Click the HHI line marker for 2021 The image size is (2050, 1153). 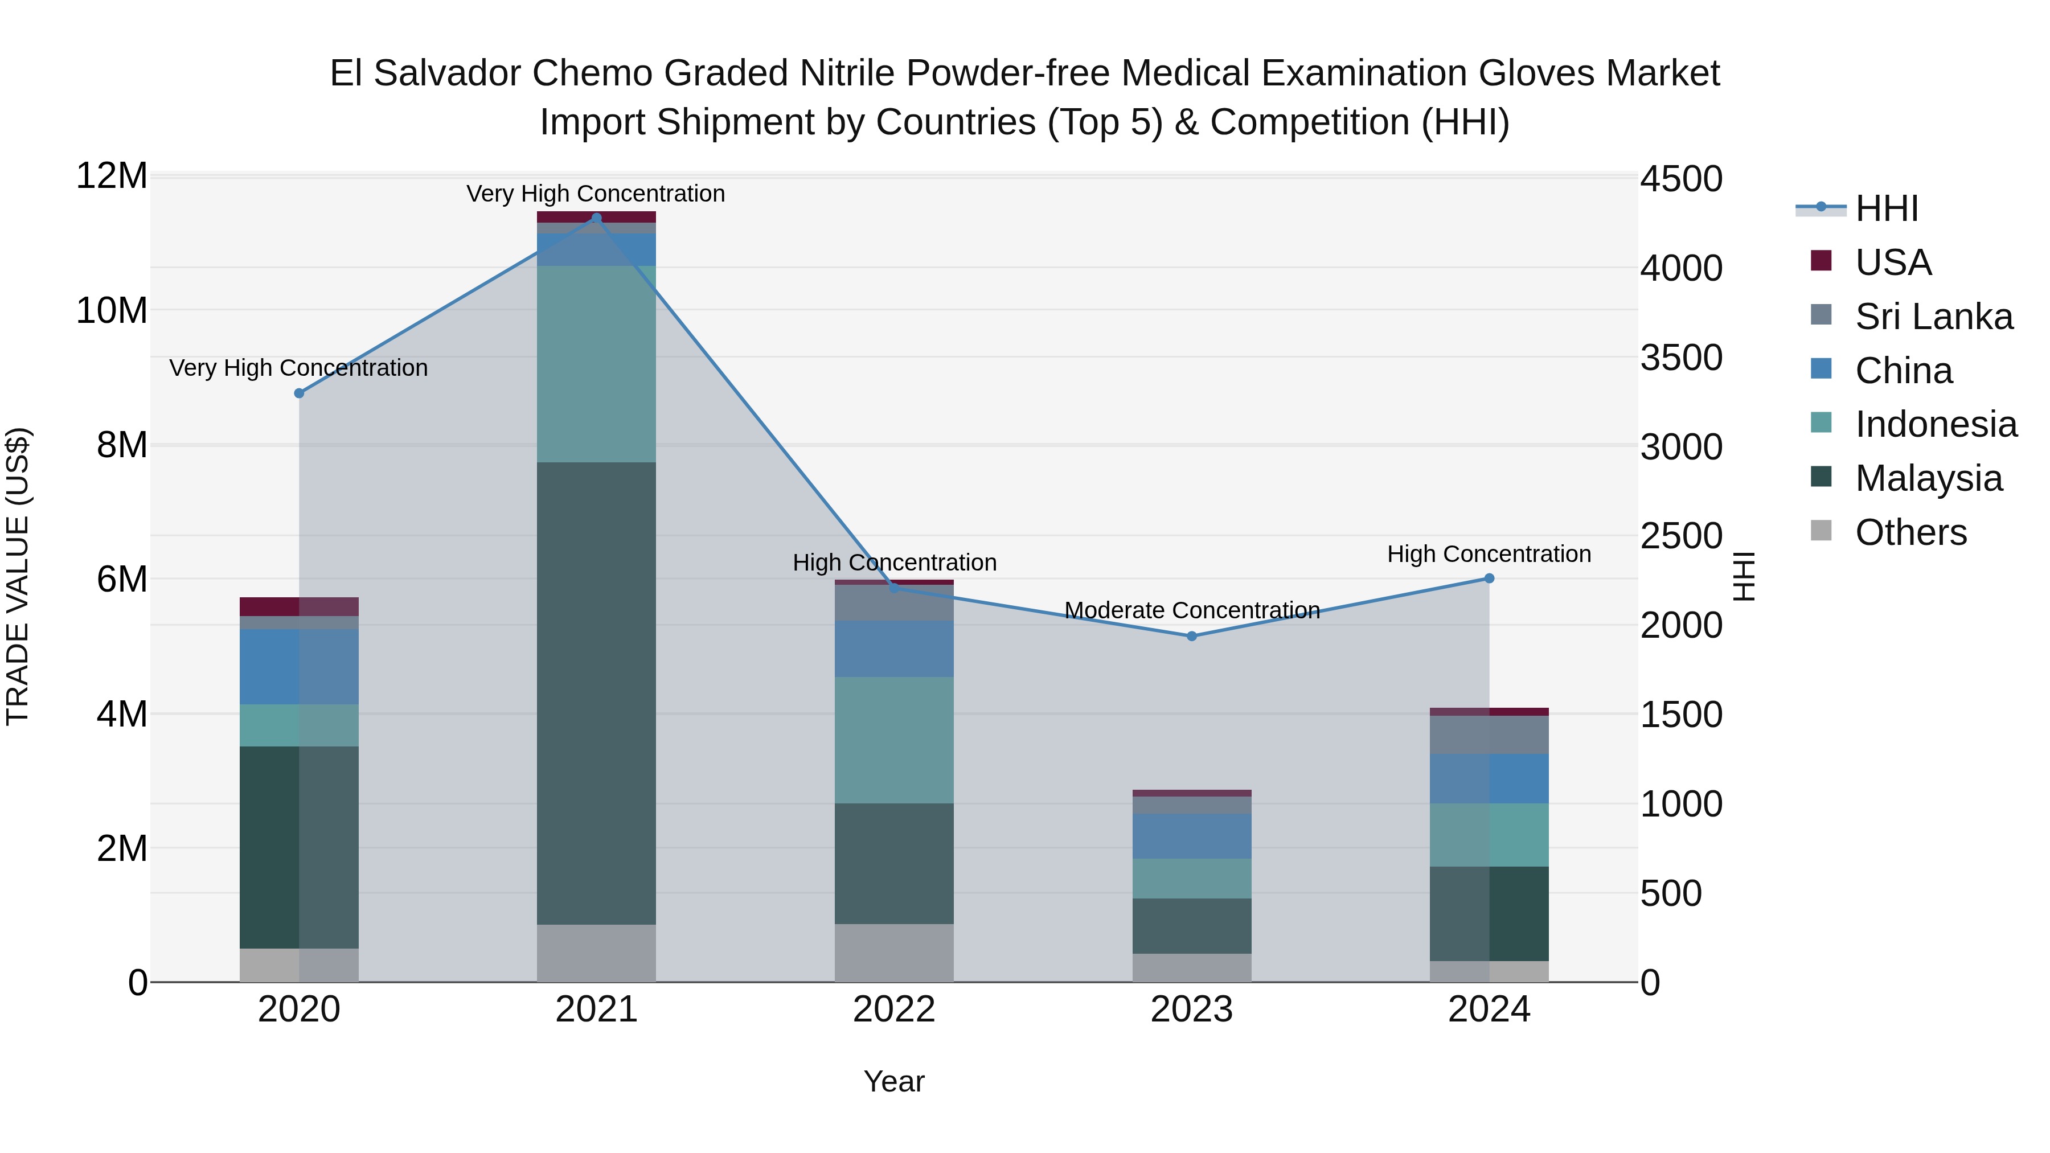click(597, 218)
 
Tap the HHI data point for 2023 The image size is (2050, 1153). click(1191, 636)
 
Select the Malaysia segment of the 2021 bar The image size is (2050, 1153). click(597, 692)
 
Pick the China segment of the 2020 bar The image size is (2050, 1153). click(298, 666)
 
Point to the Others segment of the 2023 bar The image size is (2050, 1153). click(1191, 967)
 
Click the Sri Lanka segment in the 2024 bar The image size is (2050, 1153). click(1489, 735)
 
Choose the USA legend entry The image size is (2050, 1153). click(1892, 262)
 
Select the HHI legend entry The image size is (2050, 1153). click(1885, 208)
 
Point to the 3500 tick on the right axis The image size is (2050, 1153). click(1681, 357)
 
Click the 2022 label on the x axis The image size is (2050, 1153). click(893, 1010)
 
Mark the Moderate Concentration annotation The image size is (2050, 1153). click(1191, 610)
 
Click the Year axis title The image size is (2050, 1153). click(893, 1081)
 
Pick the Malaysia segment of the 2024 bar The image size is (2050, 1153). click(1489, 913)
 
